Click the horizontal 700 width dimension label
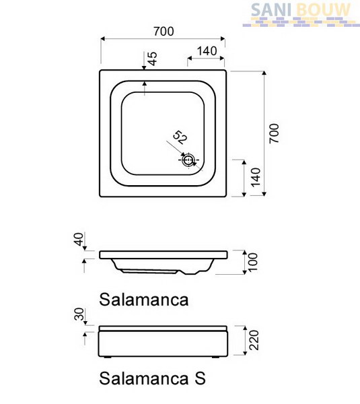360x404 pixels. tap(164, 32)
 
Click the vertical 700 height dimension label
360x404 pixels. tap(274, 133)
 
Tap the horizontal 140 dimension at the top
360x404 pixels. tap(207, 51)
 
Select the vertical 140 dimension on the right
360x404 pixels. tap(256, 177)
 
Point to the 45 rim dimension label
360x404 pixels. tap(152, 59)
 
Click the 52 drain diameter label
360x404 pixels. tap(180, 137)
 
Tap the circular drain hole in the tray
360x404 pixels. tap(188, 160)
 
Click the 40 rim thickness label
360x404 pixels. tap(79, 239)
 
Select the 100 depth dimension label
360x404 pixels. tap(252, 262)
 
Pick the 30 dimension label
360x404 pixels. tap(79, 314)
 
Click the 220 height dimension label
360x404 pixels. tap(254, 340)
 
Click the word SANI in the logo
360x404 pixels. tap(271, 10)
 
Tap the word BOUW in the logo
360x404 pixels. tap(324, 10)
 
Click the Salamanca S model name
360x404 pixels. tap(153, 378)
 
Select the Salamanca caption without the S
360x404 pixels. tap(144, 300)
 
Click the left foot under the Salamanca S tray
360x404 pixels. tap(108, 358)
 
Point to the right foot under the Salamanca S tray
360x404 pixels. tap(216, 358)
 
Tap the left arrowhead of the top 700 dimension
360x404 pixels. tap(103, 39)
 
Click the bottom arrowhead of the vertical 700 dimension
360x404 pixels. tap(264, 194)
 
